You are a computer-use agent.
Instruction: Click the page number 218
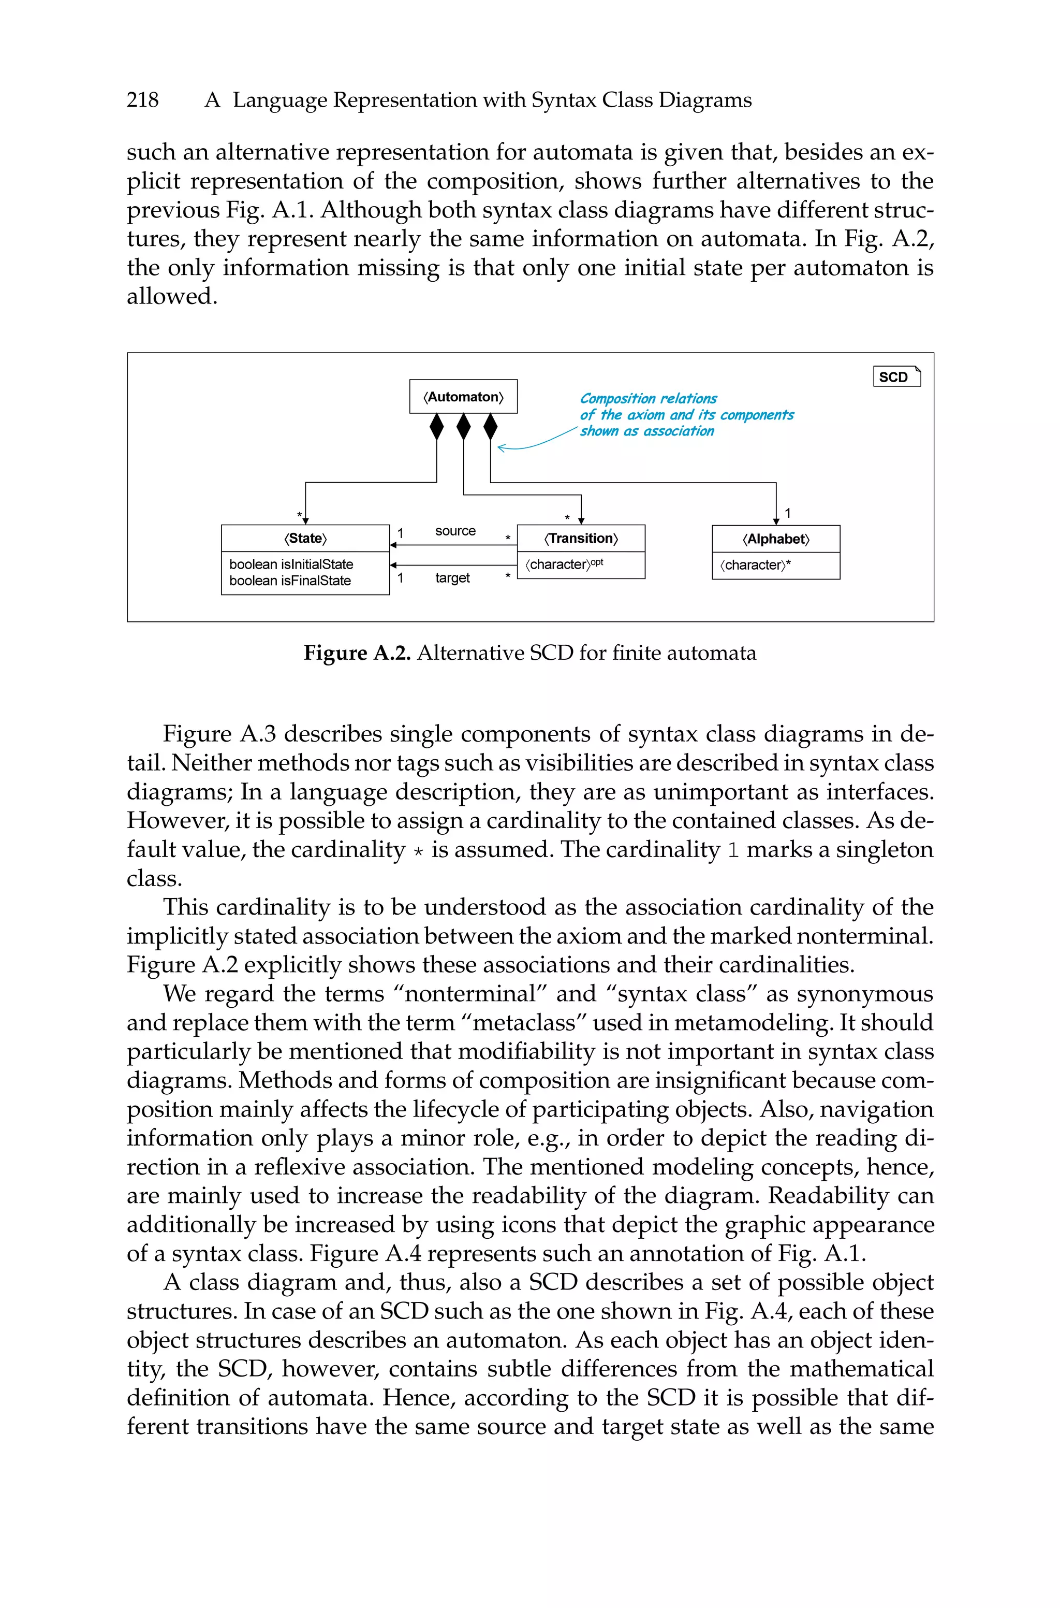coord(143,100)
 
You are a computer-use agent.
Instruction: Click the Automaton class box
coord(463,397)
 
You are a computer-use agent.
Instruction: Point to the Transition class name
coord(581,538)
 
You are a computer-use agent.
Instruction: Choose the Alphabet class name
coord(775,539)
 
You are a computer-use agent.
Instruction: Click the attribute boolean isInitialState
coord(291,564)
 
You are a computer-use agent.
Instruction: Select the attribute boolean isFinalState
coord(290,581)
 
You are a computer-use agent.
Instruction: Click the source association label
coord(455,531)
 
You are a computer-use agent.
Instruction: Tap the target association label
coord(452,578)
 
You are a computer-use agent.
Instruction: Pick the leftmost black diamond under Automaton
coord(437,427)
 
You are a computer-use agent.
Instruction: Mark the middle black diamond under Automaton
coord(464,427)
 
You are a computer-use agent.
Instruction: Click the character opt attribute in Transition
coord(564,564)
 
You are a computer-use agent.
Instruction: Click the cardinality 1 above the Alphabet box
coord(788,513)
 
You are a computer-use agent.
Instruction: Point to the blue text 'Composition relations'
coord(649,398)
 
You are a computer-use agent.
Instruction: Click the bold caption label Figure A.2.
coord(357,653)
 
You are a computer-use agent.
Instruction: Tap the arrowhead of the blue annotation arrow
coord(501,447)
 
